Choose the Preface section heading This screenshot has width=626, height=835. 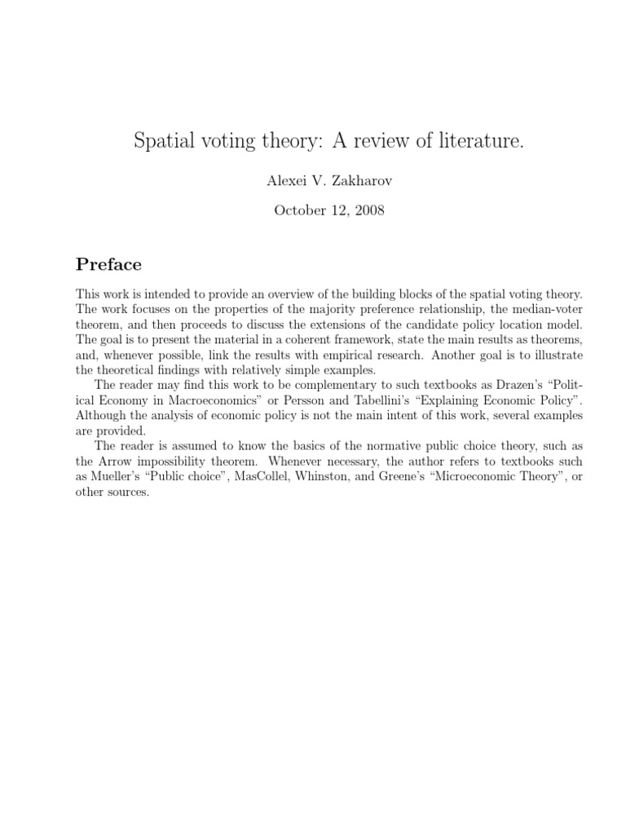(108, 264)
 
